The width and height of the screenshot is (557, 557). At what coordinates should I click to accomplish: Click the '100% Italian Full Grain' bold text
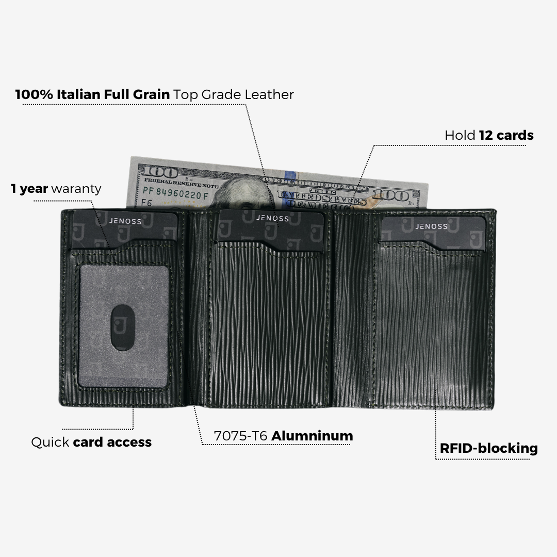pos(92,95)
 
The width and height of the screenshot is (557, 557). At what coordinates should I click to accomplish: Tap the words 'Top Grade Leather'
pos(234,95)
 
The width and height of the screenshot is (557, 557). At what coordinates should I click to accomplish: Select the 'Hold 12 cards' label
pos(489,136)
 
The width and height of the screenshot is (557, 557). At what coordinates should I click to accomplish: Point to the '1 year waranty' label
pos(56,189)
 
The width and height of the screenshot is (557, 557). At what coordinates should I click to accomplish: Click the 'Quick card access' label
pos(91,442)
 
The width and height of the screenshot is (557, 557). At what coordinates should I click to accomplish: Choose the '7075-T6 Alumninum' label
pos(283,436)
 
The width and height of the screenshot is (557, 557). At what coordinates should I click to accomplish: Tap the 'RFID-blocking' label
pos(488,448)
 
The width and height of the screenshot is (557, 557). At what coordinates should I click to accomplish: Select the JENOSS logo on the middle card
pos(272,218)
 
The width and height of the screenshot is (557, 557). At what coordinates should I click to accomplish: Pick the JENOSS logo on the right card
pos(432,226)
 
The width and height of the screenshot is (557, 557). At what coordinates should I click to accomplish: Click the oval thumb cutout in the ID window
pos(124,327)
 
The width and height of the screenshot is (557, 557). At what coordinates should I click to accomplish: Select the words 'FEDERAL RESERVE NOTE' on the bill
pos(181,183)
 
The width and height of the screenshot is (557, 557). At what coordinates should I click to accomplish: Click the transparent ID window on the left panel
pos(124,325)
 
